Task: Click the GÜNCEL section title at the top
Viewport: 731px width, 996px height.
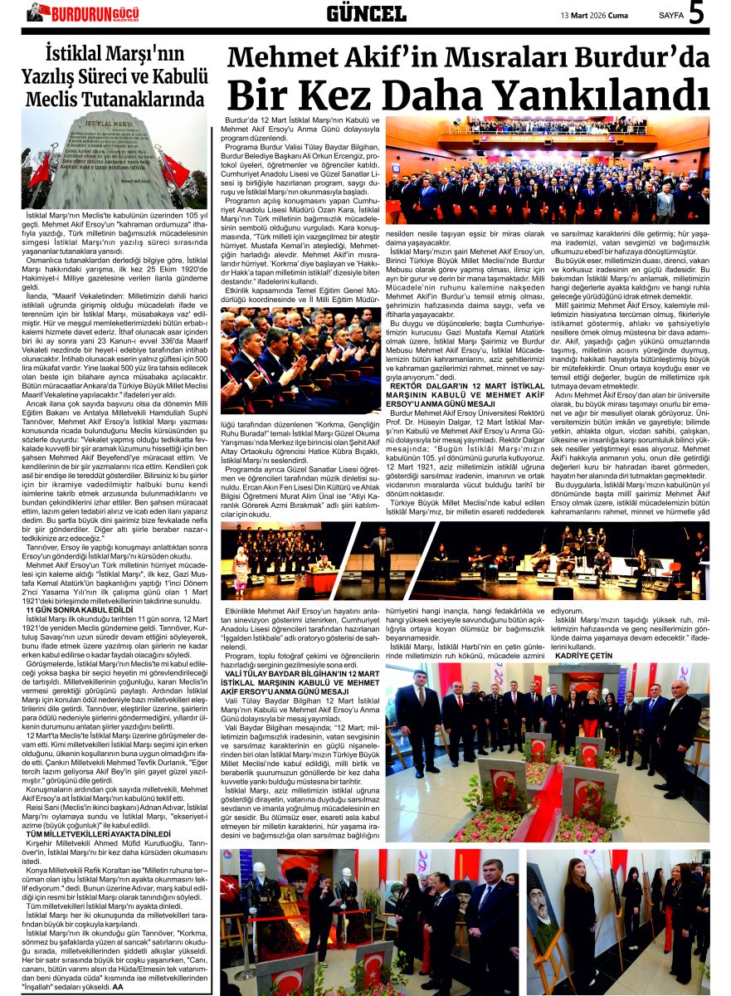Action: pyautogui.click(x=366, y=13)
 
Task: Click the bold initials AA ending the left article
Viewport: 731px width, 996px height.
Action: pyautogui.click(x=118, y=987)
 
